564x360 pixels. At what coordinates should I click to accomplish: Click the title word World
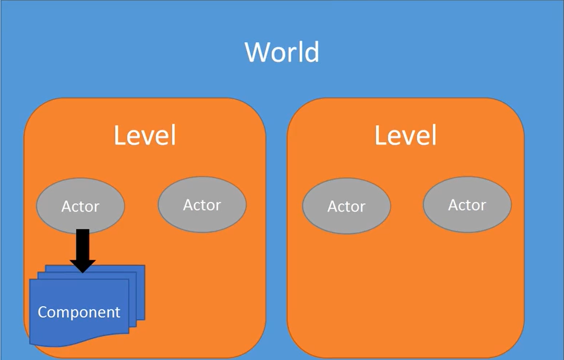[282, 52]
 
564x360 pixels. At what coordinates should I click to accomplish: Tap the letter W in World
[255, 52]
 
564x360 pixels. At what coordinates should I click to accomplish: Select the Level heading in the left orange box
[145, 136]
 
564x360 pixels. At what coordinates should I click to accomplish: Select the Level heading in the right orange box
[406, 136]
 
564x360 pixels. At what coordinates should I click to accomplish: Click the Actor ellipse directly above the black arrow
[81, 206]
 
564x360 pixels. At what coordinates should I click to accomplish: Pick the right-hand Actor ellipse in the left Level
[202, 205]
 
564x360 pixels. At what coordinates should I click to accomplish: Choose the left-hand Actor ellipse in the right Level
[346, 206]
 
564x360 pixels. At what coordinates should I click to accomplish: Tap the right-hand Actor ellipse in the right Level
[467, 205]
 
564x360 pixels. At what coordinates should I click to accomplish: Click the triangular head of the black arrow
[83, 265]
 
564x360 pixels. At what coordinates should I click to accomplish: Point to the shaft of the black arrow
[83, 244]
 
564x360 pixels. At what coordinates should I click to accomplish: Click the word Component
[79, 312]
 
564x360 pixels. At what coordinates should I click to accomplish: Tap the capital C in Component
[43, 312]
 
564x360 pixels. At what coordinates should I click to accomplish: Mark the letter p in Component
[71, 314]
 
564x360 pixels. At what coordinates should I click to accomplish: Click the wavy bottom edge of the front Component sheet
[77, 341]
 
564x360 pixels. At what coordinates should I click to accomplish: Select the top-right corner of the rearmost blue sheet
[143, 266]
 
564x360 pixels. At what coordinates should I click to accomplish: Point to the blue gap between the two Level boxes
[276, 227]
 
